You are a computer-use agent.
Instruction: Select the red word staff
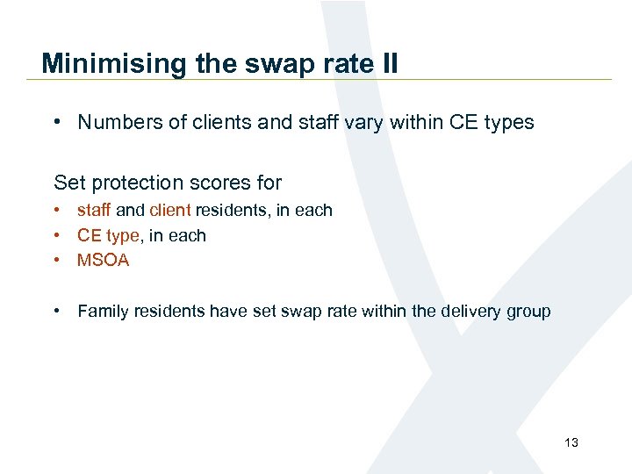[x=94, y=210]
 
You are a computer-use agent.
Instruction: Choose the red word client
[x=170, y=210]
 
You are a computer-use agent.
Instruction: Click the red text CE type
[x=108, y=235]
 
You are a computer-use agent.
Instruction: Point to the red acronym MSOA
[x=103, y=261]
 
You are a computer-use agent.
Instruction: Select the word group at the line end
[x=528, y=312]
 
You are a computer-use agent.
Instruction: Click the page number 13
[x=571, y=442]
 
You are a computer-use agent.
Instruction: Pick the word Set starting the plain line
[x=68, y=183]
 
